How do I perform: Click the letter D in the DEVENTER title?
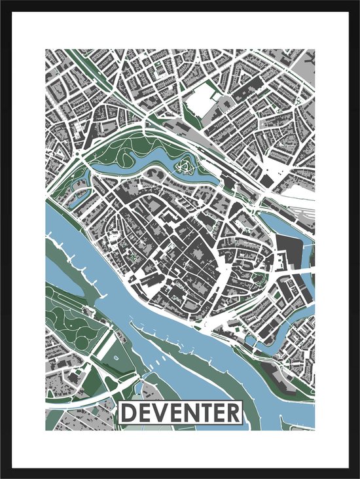coord(129,413)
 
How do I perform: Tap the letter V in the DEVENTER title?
coord(159,413)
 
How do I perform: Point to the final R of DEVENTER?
coord(232,413)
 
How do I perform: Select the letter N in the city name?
coord(189,413)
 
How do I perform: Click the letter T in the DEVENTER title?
coord(204,413)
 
